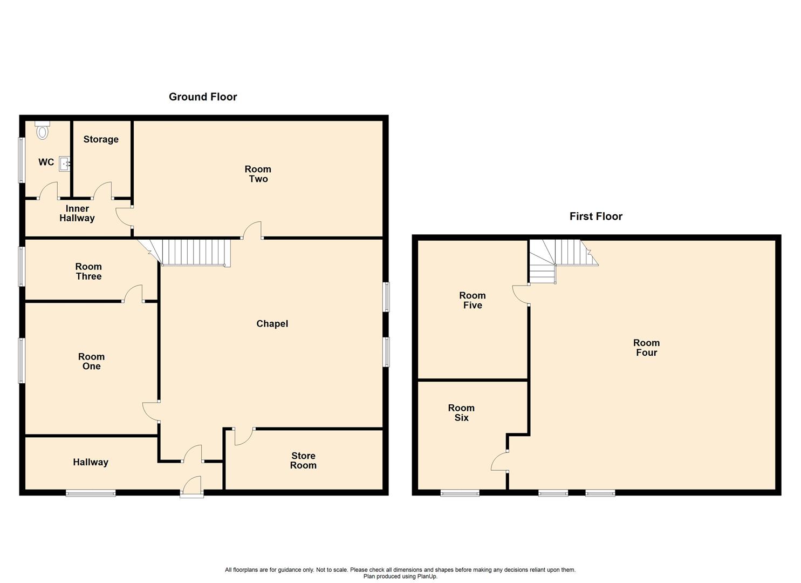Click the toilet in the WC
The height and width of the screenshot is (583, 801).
(x=42, y=130)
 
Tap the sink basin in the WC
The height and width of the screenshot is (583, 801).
(x=65, y=163)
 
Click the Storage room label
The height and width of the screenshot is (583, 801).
(x=101, y=139)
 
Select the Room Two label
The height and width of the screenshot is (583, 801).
(x=258, y=174)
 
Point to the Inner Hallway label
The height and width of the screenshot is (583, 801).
(x=77, y=213)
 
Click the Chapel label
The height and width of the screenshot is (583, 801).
(x=272, y=323)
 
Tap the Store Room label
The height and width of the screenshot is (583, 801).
(x=303, y=460)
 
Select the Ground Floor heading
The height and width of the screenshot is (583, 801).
(x=203, y=97)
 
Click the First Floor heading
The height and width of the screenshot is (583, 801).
(x=595, y=216)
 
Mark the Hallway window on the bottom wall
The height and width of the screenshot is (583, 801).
(x=91, y=492)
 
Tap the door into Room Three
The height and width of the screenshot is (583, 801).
(x=133, y=294)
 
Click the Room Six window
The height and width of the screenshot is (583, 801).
(x=460, y=492)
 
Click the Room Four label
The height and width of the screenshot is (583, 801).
(x=646, y=348)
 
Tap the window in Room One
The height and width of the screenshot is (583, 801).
(x=22, y=361)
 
